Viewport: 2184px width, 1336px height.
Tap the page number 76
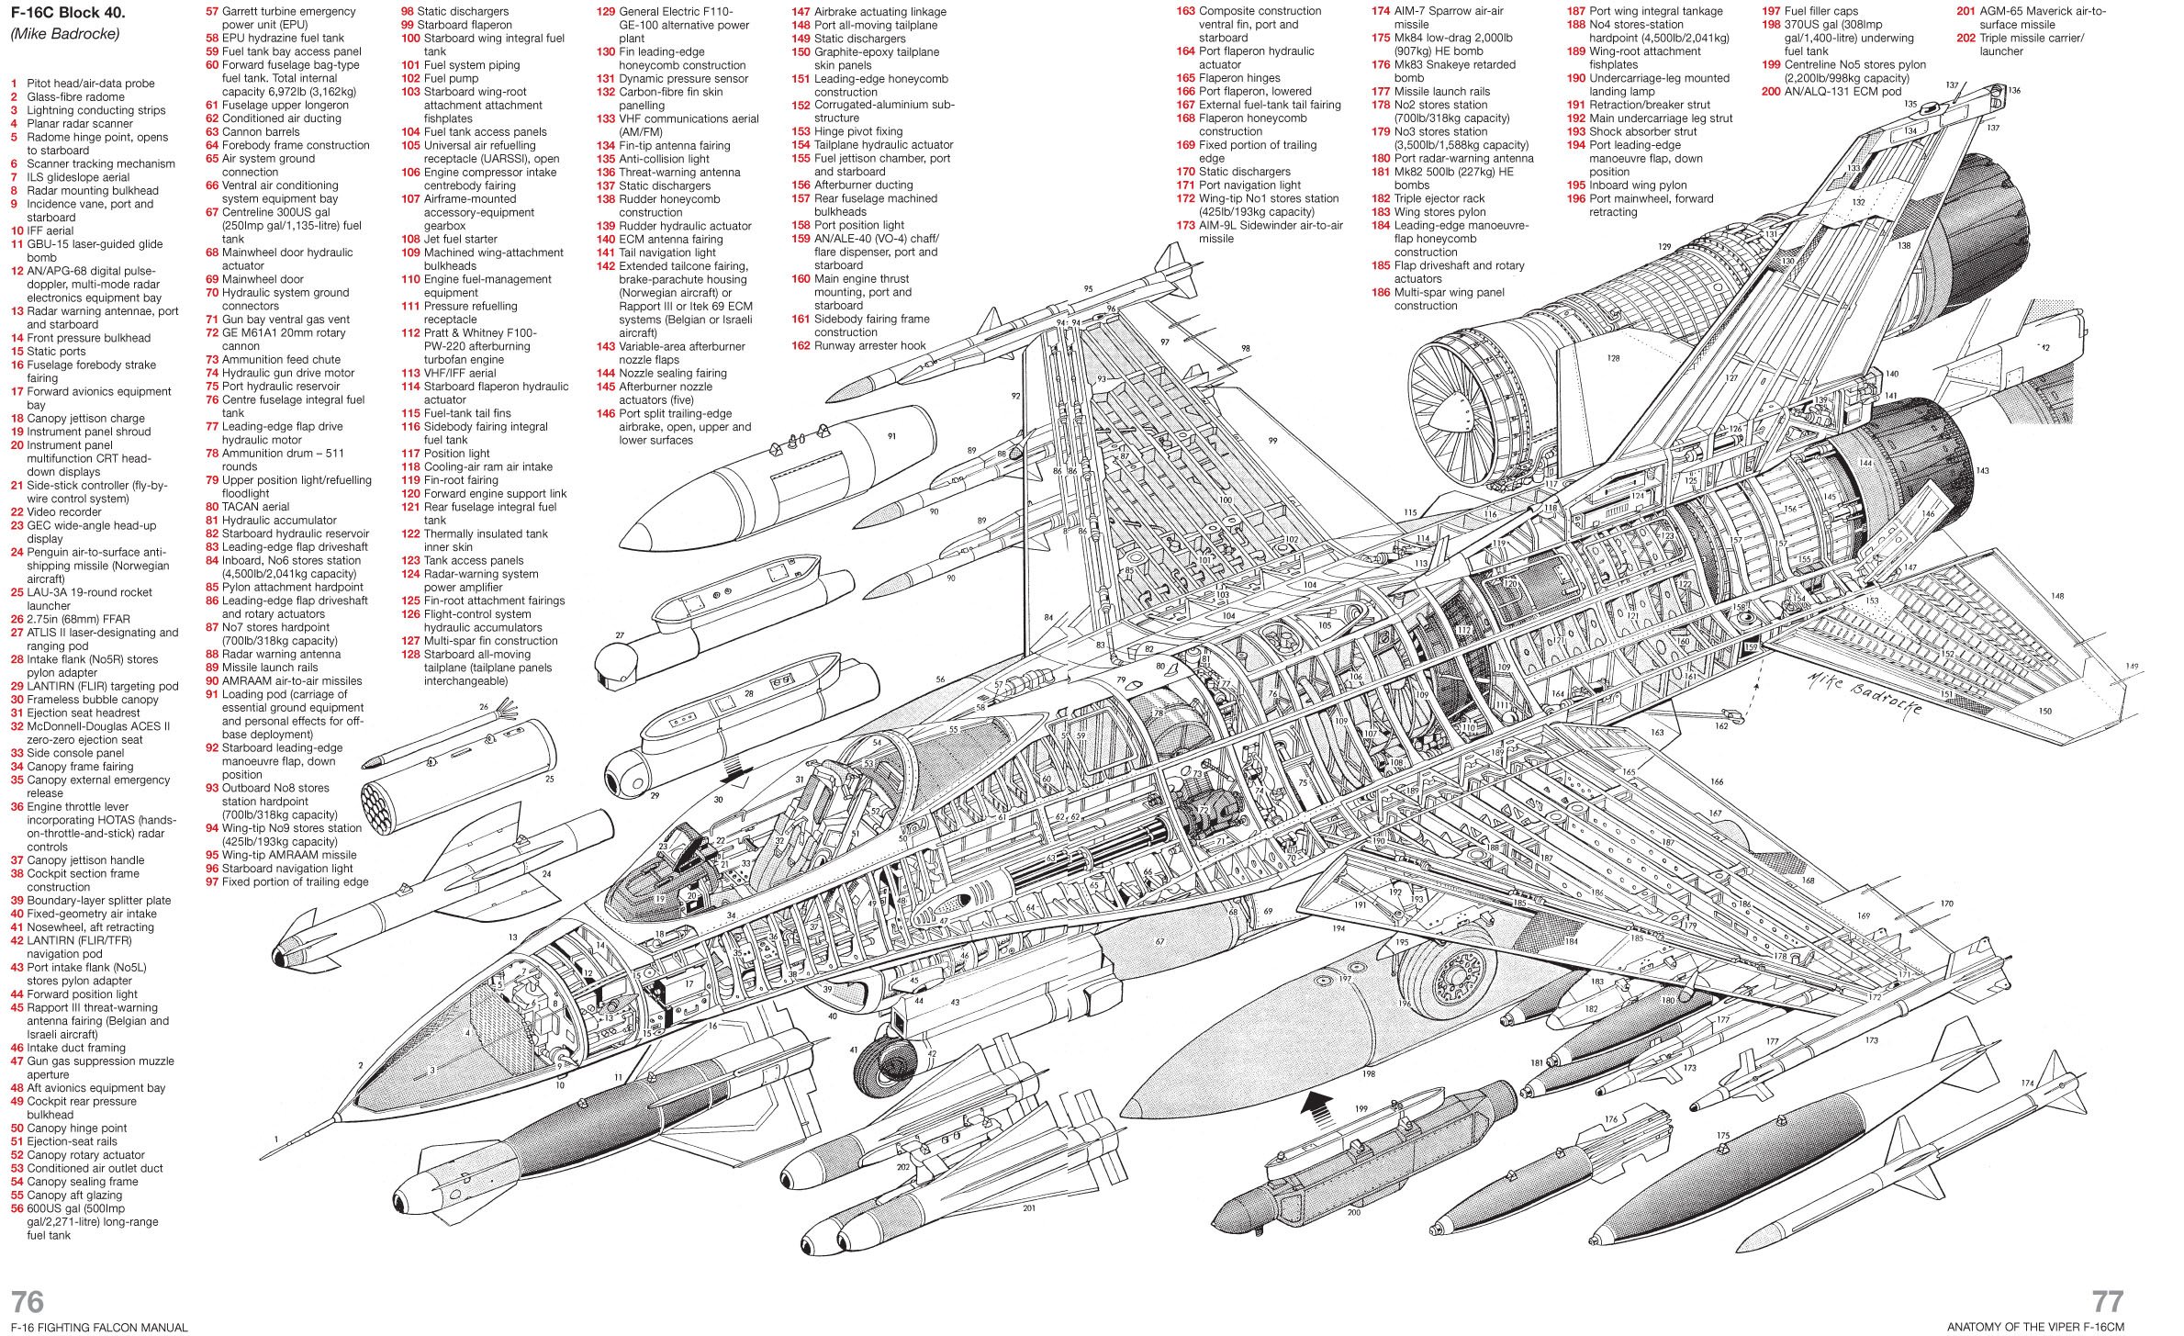[28, 1301]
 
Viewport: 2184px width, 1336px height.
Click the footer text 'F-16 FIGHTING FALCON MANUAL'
[99, 1327]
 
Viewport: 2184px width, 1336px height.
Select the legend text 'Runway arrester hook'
[869, 346]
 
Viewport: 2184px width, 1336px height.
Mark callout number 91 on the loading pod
[890, 437]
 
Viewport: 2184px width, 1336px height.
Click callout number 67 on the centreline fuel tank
[1159, 942]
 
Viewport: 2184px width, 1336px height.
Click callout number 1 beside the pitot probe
[275, 1140]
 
